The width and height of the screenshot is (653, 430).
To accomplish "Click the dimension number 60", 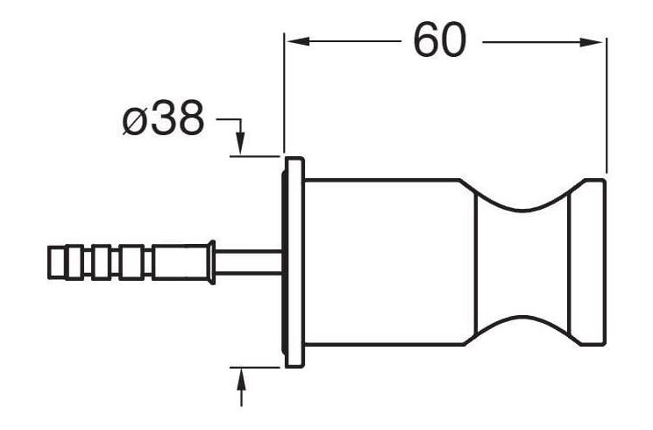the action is click(440, 40).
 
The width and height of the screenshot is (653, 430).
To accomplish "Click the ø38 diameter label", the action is click(164, 118).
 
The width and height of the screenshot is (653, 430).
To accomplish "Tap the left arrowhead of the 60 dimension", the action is click(297, 41).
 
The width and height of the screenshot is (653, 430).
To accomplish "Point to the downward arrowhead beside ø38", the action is click(241, 143).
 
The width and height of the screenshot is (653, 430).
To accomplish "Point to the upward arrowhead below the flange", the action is click(241, 382).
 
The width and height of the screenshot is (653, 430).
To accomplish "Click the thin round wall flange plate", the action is click(294, 262).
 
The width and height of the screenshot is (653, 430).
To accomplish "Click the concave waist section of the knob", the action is click(522, 262).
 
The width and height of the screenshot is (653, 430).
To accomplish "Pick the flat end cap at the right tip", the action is click(587, 262).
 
